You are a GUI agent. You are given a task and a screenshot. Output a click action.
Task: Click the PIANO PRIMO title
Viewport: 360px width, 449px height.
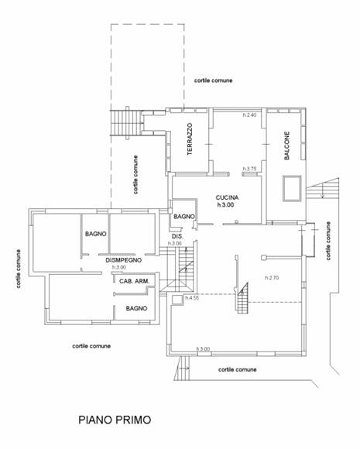click(115, 420)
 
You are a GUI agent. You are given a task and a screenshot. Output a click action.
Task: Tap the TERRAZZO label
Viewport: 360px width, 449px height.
click(190, 139)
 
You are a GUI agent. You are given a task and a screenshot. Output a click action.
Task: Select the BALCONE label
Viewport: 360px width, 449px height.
click(286, 146)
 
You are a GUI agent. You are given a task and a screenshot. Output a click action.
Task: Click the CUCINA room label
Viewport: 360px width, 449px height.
click(227, 197)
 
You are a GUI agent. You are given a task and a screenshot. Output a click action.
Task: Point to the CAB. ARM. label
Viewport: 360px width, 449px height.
click(134, 281)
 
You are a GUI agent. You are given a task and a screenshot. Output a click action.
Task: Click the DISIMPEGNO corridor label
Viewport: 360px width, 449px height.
click(123, 260)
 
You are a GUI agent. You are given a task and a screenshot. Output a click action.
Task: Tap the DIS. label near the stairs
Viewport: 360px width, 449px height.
click(177, 237)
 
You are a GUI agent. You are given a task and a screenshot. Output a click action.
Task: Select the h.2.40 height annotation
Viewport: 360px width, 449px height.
click(250, 115)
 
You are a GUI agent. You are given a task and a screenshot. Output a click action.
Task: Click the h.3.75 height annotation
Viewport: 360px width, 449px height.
click(250, 169)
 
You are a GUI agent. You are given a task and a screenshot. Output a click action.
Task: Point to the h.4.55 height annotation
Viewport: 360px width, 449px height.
click(192, 298)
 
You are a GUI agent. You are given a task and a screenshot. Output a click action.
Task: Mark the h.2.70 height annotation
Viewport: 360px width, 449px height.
click(272, 278)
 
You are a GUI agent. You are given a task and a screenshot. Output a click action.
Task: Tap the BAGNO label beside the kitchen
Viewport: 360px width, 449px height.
click(184, 217)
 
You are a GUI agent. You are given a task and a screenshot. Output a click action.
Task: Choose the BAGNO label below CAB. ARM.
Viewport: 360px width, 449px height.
click(136, 308)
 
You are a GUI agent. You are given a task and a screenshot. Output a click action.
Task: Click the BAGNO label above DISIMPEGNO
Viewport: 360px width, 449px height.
click(96, 234)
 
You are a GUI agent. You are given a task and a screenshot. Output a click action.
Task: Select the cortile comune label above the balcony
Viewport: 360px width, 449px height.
click(213, 81)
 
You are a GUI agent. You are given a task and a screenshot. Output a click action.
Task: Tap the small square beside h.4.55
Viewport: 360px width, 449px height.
click(177, 300)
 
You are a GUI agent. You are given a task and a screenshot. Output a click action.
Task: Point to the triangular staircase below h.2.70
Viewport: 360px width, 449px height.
click(242, 298)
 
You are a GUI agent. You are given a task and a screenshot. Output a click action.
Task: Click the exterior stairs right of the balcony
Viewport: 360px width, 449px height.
click(323, 188)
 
